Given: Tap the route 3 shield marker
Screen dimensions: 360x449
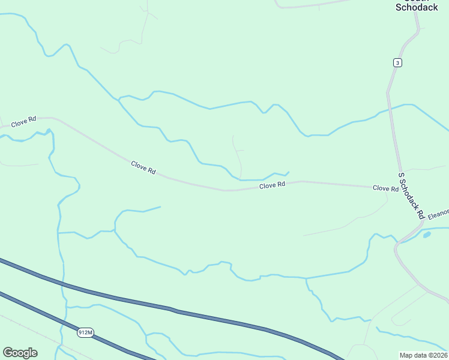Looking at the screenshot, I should (x=397, y=62).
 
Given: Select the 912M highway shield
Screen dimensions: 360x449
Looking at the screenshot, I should (x=86, y=332).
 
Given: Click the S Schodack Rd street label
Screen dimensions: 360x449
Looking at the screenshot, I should (x=412, y=195).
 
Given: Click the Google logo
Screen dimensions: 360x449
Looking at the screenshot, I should (x=20, y=353).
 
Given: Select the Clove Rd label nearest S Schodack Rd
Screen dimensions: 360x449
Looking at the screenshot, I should (x=385, y=188).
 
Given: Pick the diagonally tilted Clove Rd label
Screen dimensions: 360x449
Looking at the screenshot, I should (x=143, y=167).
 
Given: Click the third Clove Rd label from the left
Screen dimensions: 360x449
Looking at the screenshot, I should (x=272, y=185).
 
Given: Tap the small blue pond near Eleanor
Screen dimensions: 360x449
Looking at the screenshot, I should (x=427, y=235).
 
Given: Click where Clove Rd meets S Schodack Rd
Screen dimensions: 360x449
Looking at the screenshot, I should (x=400, y=188).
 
